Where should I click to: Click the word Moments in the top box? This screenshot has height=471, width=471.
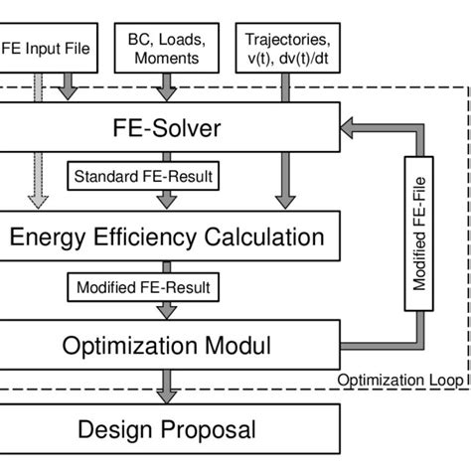coord(167,58)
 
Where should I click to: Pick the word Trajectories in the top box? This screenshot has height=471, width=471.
coord(287,41)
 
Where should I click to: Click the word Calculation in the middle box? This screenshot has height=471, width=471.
coord(262,237)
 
